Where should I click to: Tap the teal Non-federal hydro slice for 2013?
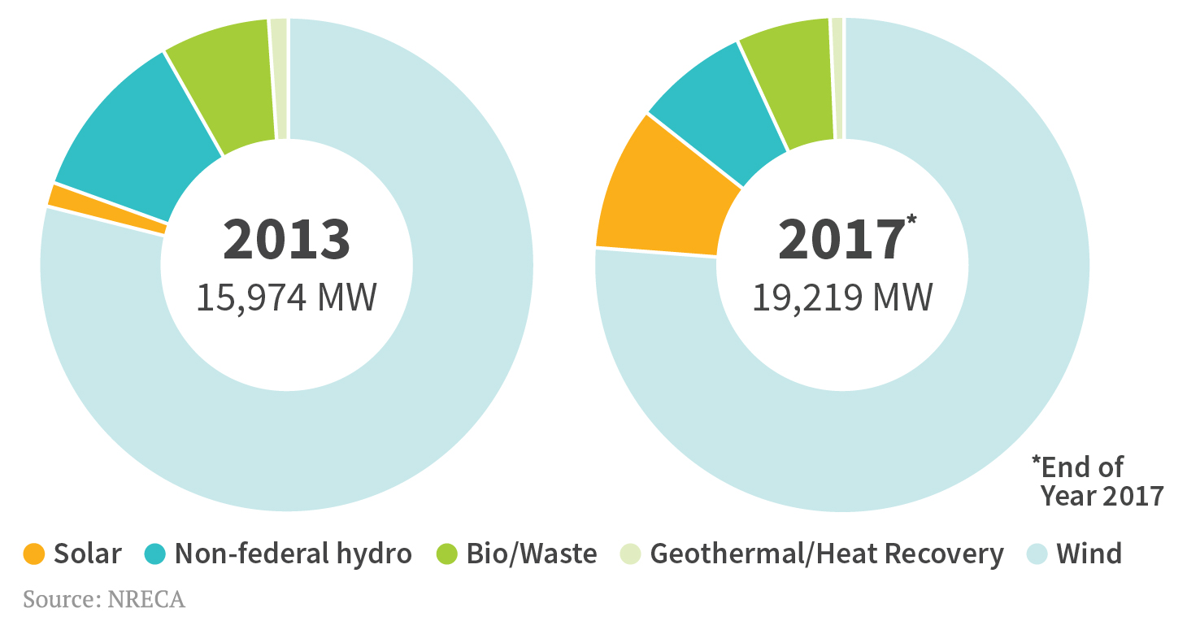click(x=142, y=138)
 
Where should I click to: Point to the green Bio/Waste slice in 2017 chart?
click(x=785, y=81)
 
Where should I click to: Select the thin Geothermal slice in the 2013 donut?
click(x=279, y=77)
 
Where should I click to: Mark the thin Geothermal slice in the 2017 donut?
click(x=837, y=77)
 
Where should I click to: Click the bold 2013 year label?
click(x=286, y=240)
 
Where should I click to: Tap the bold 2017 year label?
click(x=841, y=240)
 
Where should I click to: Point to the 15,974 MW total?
click(x=286, y=297)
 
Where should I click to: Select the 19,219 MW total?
click(x=841, y=297)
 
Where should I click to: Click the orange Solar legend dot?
click(x=33, y=554)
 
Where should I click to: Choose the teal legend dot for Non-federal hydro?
click(x=154, y=554)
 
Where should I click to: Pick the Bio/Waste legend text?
click(x=531, y=554)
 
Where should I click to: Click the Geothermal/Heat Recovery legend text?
click(x=826, y=554)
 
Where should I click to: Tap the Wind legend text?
click(x=1089, y=554)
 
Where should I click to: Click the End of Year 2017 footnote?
click(x=1098, y=481)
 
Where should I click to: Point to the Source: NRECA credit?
click(x=104, y=600)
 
